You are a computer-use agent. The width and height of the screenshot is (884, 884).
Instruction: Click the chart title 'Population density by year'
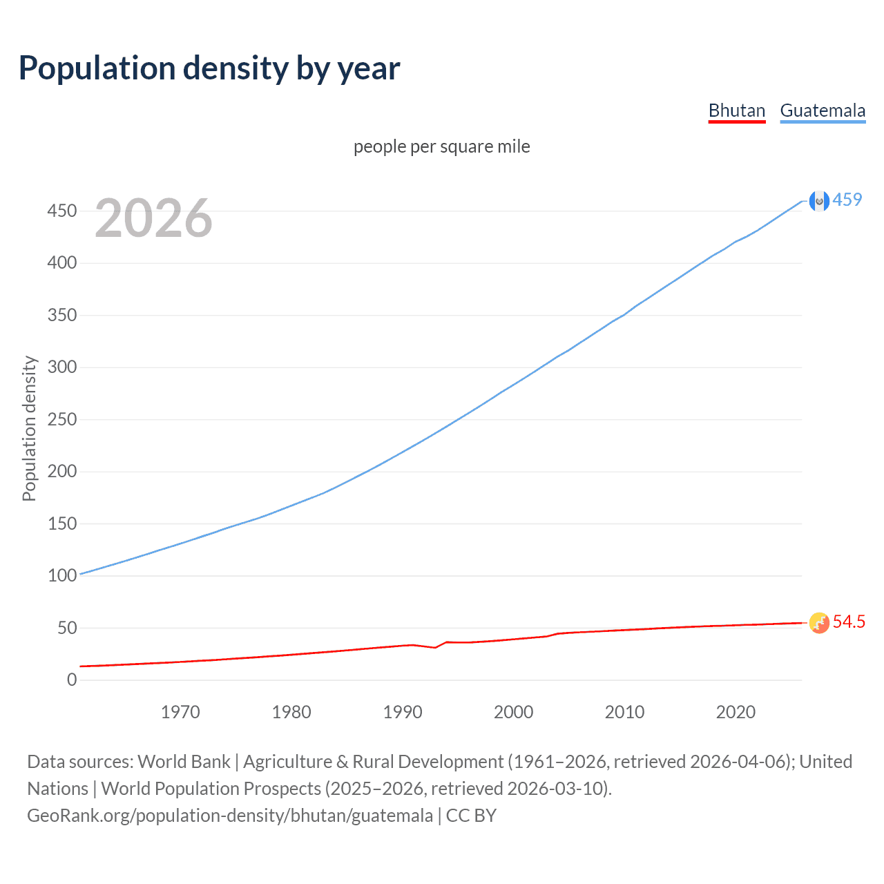coord(209,68)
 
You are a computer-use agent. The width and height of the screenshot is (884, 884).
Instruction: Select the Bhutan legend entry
coord(737,110)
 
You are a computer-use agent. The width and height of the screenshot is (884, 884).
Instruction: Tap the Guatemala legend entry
coord(823,110)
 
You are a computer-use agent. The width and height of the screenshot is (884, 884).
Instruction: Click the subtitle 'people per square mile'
coord(442,147)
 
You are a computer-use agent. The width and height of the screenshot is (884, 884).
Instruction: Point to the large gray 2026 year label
coord(153,218)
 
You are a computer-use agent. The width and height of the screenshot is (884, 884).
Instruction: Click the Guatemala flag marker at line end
coord(818,201)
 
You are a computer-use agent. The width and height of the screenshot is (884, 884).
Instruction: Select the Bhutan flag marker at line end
coord(818,623)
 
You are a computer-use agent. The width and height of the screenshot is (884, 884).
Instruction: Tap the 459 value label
coord(847,200)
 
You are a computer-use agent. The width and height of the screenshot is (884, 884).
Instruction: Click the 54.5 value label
coord(849,622)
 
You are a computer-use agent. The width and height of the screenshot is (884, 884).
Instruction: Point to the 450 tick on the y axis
coord(62,211)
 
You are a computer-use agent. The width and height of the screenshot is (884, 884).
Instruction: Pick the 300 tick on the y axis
coord(62,367)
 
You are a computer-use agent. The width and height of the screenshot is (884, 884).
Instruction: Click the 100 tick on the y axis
coord(62,576)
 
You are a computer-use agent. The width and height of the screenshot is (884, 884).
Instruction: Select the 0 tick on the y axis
coord(72,680)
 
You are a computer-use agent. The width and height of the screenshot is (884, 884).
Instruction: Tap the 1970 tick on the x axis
coord(180,712)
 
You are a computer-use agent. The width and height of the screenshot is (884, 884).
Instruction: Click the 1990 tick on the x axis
coord(403,712)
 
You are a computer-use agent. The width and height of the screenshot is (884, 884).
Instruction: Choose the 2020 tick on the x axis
coord(736,712)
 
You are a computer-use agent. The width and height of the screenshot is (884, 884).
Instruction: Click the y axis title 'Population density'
coord(29,428)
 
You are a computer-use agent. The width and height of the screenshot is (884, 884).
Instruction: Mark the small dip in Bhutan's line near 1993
coord(434,647)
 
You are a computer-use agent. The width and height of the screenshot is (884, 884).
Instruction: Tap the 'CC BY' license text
coord(471,816)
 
